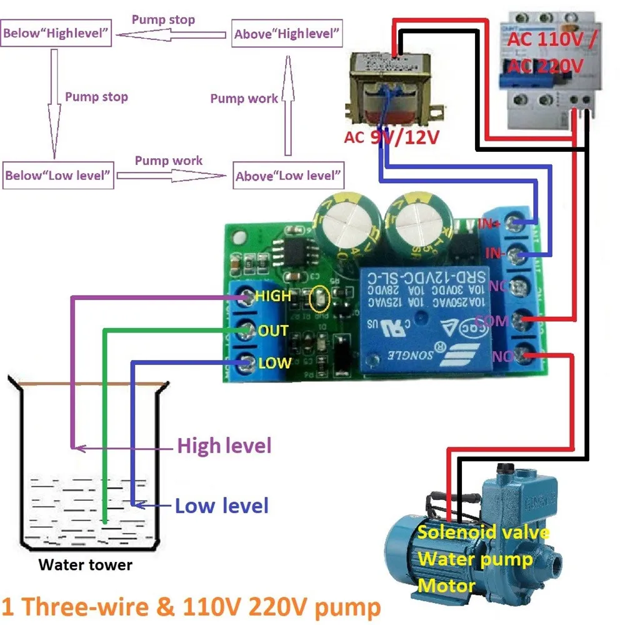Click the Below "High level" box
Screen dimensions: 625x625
[57, 34]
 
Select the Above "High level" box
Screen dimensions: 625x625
[288, 34]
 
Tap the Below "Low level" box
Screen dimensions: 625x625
[58, 175]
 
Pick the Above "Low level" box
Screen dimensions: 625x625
[289, 176]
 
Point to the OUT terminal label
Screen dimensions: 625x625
[273, 330]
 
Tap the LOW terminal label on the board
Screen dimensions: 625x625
[274, 363]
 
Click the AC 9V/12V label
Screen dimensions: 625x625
[391, 136]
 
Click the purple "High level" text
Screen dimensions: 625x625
[224, 446]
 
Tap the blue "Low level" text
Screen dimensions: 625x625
[222, 505]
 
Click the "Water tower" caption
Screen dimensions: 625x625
[86, 565]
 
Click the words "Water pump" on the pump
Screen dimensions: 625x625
[474, 558]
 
